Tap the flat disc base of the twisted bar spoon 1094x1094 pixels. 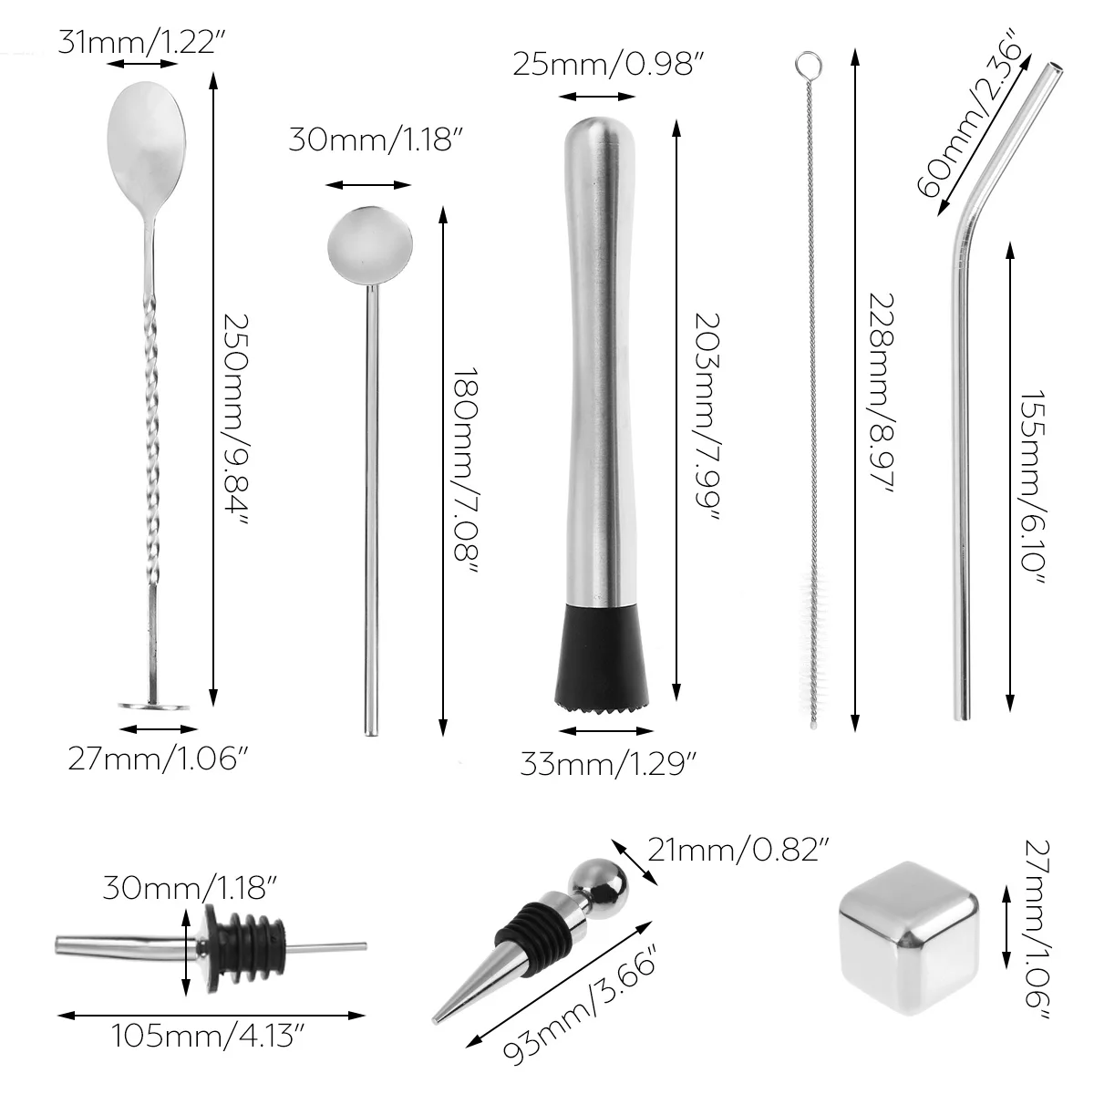point(154,705)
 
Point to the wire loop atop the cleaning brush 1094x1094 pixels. point(805,65)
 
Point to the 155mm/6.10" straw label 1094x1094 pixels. point(1032,488)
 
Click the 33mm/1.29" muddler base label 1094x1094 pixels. point(609,761)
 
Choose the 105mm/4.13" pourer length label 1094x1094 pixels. point(208,1036)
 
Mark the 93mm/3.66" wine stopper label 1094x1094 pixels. point(580,1018)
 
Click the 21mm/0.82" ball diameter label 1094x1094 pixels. point(739,851)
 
